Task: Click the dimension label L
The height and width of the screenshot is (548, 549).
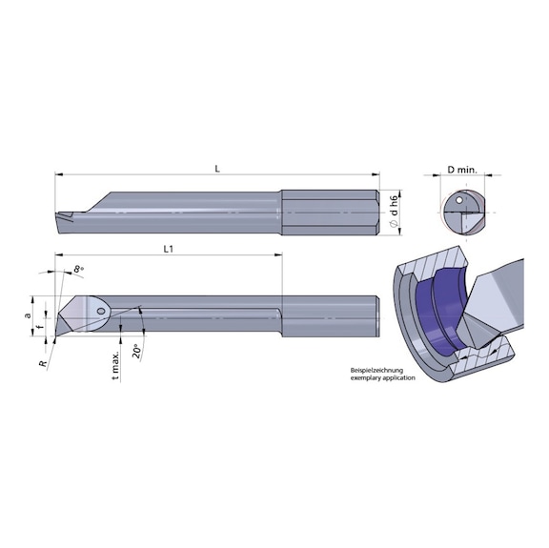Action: (217, 169)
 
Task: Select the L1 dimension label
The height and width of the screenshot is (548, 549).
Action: (169, 249)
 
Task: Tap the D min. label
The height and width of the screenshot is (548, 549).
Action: (462, 171)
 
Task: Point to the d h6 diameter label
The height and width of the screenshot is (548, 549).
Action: (395, 206)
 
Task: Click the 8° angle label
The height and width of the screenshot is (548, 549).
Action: (78, 270)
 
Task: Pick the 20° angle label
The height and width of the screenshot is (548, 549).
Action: (136, 352)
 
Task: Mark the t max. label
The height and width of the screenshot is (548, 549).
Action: (116, 366)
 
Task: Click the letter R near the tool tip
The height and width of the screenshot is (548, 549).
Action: (43, 364)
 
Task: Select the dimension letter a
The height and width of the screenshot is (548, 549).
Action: (28, 315)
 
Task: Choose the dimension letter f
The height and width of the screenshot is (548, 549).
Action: (41, 328)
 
